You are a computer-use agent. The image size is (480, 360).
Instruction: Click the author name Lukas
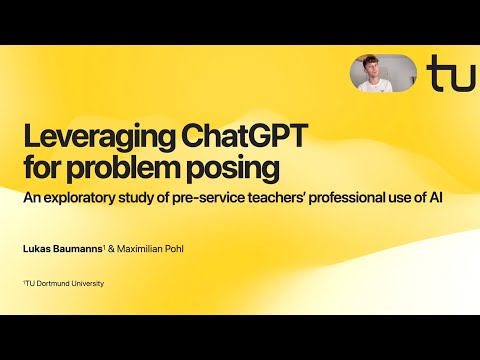coord(38,247)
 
